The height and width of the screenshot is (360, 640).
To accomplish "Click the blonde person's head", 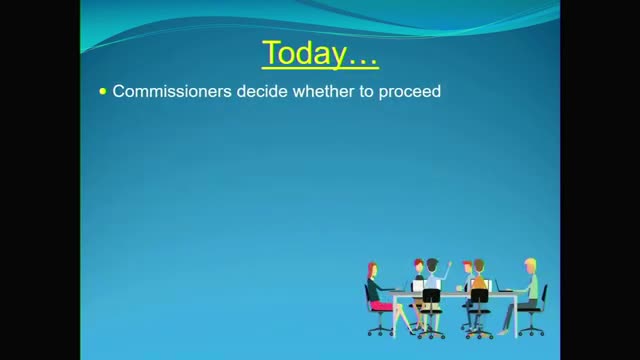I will [x=529, y=266].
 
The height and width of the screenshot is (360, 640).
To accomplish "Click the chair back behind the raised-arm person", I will [x=432, y=296].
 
